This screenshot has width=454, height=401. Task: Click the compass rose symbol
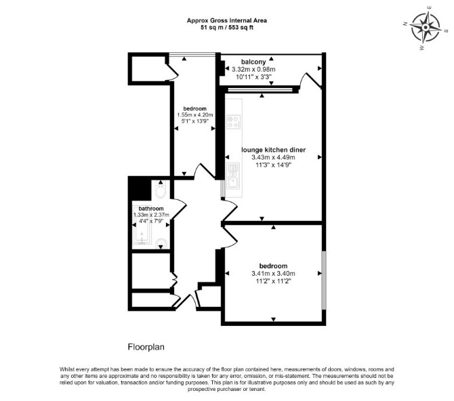click(426, 28)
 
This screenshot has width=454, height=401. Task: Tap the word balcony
click(253, 62)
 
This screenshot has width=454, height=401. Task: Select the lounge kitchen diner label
click(273, 150)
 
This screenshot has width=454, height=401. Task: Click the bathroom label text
click(151, 209)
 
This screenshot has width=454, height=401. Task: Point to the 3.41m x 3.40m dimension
click(273, 274)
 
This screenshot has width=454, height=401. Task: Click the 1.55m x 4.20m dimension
click(195, 115)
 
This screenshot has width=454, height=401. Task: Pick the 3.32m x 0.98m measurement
click(253, 70)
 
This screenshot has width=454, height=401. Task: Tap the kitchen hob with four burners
click(233, 122)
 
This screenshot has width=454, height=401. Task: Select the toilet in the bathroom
click(160, 190)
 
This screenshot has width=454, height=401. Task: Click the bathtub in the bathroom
click(142, 224)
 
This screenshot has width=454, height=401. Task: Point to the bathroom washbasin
click(161, 243)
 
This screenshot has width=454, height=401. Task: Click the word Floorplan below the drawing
click(146, 347)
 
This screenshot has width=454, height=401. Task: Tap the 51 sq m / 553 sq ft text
click(227, 28)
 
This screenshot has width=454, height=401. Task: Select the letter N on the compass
click(405, 24)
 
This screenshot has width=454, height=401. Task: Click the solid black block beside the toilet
click(140, 188)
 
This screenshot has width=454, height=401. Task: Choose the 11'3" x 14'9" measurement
click(273, 165)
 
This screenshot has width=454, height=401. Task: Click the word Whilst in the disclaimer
click(67, 369)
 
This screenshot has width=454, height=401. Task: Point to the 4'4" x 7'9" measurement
click(151, 221)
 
